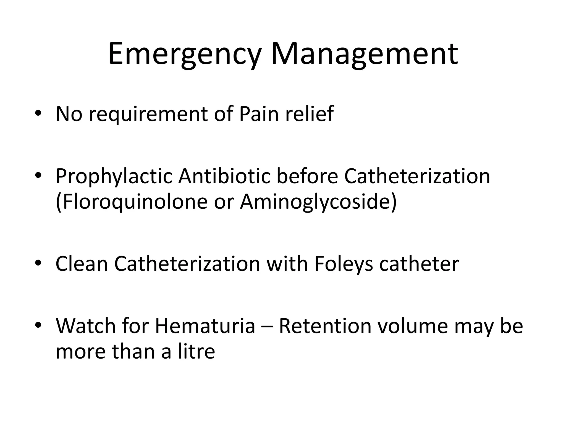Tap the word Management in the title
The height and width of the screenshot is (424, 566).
[365, 54]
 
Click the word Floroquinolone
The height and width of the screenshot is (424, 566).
[133, 202]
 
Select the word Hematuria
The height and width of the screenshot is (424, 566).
[205, 326]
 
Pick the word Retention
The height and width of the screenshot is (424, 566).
[325, 326]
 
